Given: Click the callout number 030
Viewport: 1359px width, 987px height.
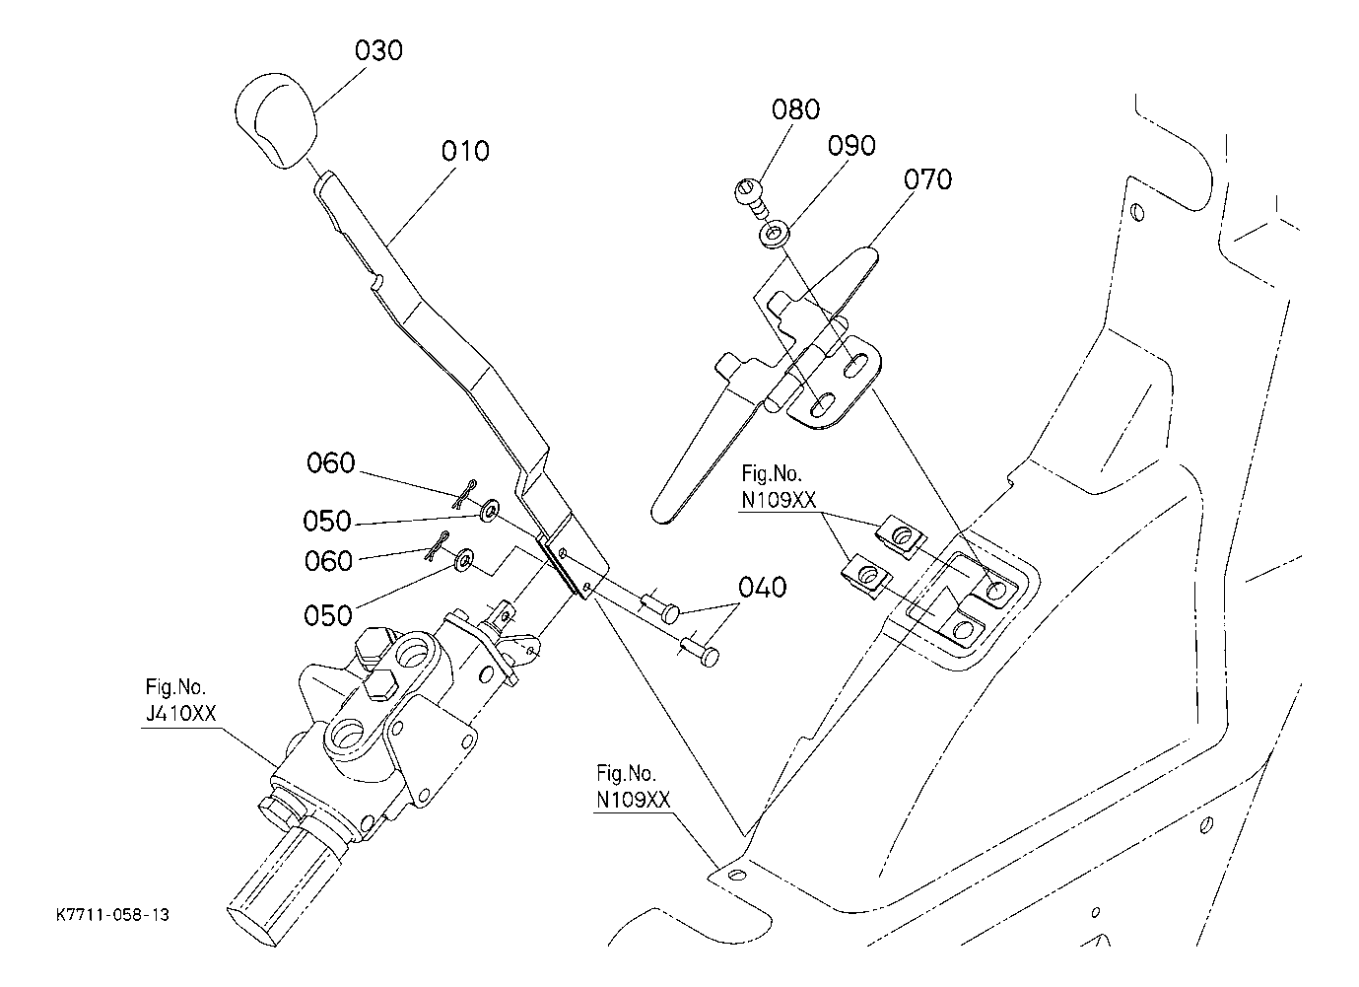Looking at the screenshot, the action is point(378,50).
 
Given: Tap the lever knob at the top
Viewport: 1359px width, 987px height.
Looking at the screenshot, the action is point(276,120).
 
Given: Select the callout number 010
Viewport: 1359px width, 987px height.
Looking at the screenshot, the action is point(465,151).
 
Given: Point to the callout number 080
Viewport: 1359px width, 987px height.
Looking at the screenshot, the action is point(795,109).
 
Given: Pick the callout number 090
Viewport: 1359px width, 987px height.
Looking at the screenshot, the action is point(851,146).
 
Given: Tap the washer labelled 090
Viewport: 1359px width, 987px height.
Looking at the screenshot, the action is point(775,235).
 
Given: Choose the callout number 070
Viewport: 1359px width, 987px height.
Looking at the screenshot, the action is point(927,179).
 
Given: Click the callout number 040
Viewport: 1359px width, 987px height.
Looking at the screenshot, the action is point(762,588).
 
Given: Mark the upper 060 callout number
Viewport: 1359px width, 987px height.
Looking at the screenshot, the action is point(331,463).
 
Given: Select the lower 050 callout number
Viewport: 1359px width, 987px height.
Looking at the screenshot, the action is point(327,615).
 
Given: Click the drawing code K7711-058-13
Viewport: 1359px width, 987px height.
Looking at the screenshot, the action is point(113,915).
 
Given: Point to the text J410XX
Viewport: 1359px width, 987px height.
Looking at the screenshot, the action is point(180,713).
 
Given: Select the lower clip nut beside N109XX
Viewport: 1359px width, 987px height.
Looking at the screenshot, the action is point(865,574).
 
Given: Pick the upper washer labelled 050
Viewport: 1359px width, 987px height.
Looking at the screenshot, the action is point(489,510).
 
